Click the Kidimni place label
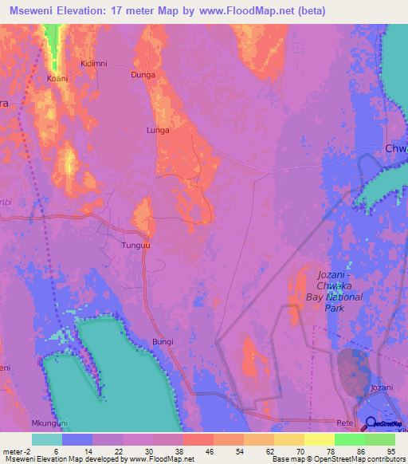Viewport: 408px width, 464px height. point(94,63)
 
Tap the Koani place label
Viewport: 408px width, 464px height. point(58,78)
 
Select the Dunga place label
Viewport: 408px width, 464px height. point(143,74)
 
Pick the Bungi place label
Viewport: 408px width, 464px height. point(162,342)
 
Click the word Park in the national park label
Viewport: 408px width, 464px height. point(335,307)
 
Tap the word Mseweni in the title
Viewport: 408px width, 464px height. point(31,10)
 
